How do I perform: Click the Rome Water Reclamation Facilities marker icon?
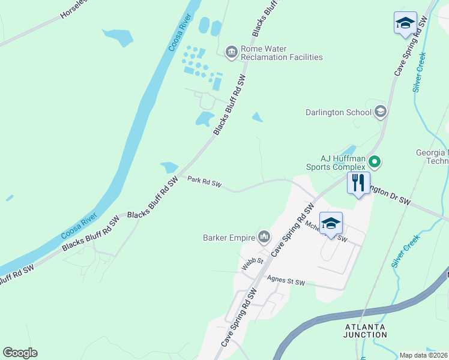click(x=232, y=53)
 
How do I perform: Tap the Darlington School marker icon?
click(x=380, y=112)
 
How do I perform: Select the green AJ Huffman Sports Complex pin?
click(x=375, y=161)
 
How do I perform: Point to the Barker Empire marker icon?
click(x=264, y=237)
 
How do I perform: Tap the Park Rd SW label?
click(x=204, y=182)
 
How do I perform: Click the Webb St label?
click(x=253, y=263)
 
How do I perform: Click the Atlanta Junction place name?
click(x=366, y=330)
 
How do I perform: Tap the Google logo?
click(x=20, y=353)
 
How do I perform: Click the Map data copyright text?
click(x=424, y=355)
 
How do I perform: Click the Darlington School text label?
click(x=337, y=112)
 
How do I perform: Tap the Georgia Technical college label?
click(x=433, y=157)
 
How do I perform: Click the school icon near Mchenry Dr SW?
click(x=331, y=224)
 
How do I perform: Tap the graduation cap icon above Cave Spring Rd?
click(x=405, y=23)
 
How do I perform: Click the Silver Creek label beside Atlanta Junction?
click(x=405, y=252)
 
